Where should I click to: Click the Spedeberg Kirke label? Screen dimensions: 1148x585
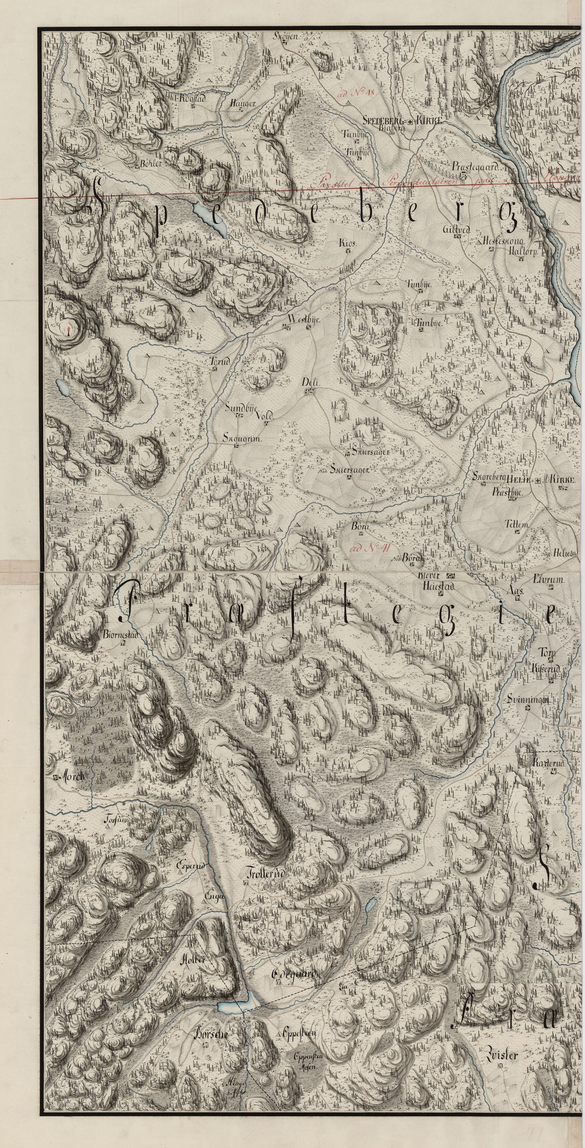click(x=402, y=121)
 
